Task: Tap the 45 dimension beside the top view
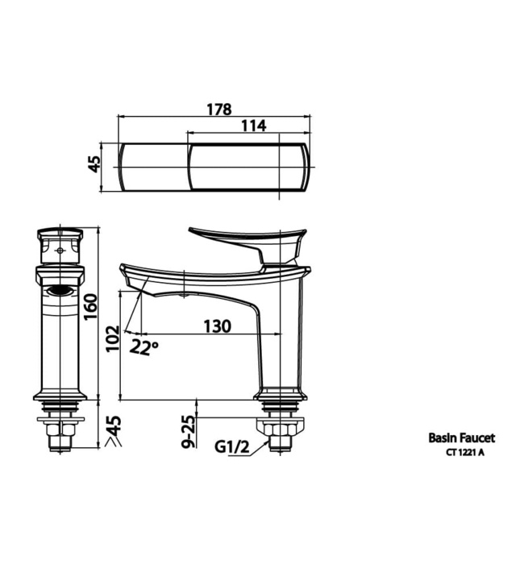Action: pyautogui.click(x=94, y=164)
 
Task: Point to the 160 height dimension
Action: pyautogui.click(x=91, y=306)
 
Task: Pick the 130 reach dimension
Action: pyautogui.click(x=216, y=326)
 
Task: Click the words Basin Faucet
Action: pyautogui.click(x=460, y=438)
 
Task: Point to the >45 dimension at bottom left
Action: pyautogui.click(x=112, y=433)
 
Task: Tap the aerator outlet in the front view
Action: pyautogui.click(x=60, y=291)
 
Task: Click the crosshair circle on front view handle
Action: pyautogui.click(x=60, y=250)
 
